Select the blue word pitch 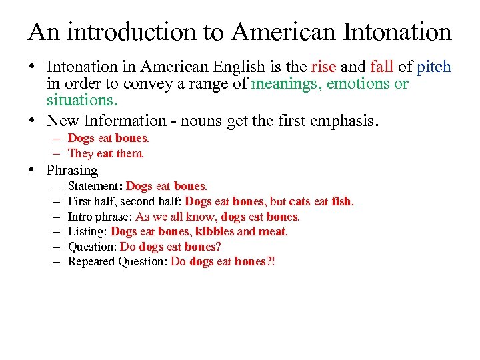[x=433, y=67]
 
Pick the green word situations [x=81, y=101]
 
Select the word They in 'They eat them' [x=81, y=153]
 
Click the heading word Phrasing [x=72, y=170]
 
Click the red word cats [x=299, y=201]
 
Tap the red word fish [x=341, y=201]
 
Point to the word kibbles [x=215, y=231]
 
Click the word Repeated [x=91, y=261]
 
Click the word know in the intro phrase [x=203, y=216]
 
